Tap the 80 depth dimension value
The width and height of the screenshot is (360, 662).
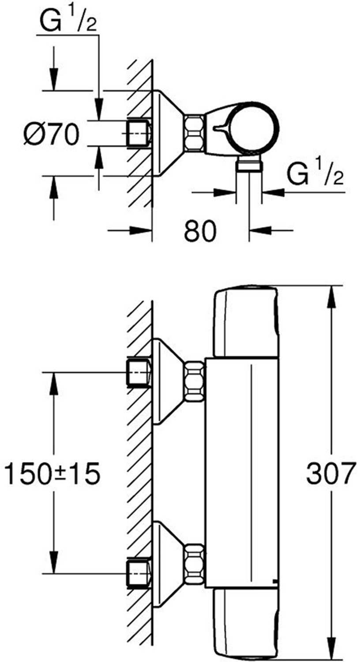(200, 230)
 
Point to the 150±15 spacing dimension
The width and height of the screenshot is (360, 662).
(53, 474)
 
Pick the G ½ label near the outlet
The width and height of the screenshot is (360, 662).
(315, 174)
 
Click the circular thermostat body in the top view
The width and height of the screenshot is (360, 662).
(253, 128)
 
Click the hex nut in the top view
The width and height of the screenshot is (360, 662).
(194, 132)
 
